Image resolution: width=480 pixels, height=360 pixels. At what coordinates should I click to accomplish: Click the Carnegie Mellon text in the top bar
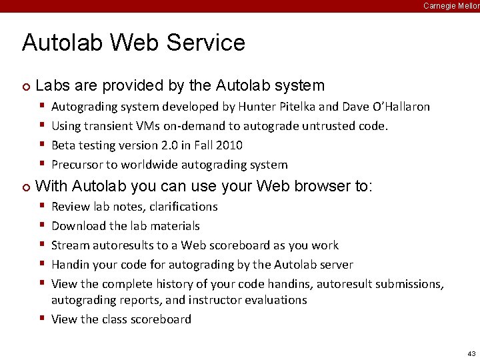(451, 5)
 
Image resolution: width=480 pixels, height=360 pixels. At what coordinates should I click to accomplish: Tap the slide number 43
(471, 353)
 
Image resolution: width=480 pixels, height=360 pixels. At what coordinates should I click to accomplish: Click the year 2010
(229, 145)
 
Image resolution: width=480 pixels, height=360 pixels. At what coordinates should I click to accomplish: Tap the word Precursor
(77, 165)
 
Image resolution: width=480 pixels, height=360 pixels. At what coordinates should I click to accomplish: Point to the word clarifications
(180, 207)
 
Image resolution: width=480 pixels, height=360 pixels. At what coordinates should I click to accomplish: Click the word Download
(77, 226)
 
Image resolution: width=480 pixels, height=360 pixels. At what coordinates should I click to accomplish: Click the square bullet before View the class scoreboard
(42, 319)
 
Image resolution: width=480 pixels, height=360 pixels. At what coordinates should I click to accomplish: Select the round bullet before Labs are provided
(25, 87)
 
